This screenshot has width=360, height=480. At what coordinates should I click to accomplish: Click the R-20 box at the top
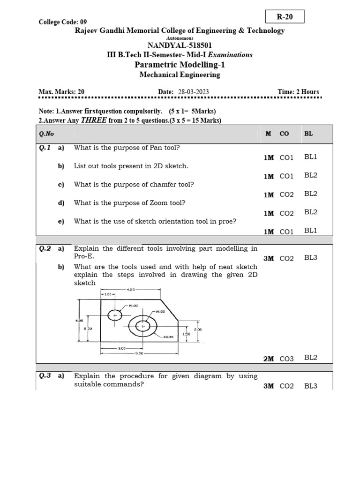(285, 17)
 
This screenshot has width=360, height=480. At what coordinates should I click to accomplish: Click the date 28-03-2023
(194, 92)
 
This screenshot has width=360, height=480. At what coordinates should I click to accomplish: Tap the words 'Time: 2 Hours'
(298, 92)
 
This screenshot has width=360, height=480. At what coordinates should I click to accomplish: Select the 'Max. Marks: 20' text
(61, 92)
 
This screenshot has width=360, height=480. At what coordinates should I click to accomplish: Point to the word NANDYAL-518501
(180, 45)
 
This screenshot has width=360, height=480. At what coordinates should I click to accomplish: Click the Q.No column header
(46, 134)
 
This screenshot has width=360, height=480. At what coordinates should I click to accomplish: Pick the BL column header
(308, 134)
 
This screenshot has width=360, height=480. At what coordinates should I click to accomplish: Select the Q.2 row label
(45, 249)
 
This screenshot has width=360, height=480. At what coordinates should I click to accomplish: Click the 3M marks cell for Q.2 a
(269, 258)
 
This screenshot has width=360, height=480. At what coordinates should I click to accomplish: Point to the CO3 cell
(286, 359)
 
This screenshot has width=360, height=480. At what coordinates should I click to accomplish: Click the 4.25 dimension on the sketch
(131, 290)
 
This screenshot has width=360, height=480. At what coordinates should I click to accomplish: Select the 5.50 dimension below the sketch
(139, 353)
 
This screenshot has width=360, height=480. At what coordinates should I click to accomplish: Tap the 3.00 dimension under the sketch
(121, 348)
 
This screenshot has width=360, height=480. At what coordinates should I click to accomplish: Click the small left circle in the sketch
(115, 315)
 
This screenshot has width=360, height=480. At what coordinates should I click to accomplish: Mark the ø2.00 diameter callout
(168, 337)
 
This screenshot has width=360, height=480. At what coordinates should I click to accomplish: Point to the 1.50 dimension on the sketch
(187, 334)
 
